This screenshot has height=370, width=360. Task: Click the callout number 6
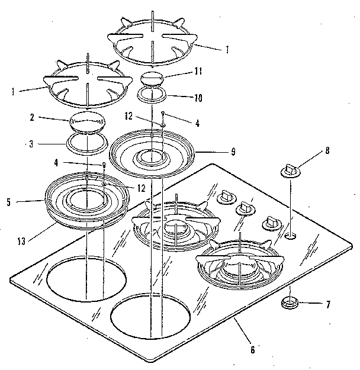252,350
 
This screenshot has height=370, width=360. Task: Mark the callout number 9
233,152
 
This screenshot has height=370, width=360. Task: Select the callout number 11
198,71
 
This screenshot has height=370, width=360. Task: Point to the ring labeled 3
86,142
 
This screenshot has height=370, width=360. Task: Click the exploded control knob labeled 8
290,170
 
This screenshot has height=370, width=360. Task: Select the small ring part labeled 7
290,303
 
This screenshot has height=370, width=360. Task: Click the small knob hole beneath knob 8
290,236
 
